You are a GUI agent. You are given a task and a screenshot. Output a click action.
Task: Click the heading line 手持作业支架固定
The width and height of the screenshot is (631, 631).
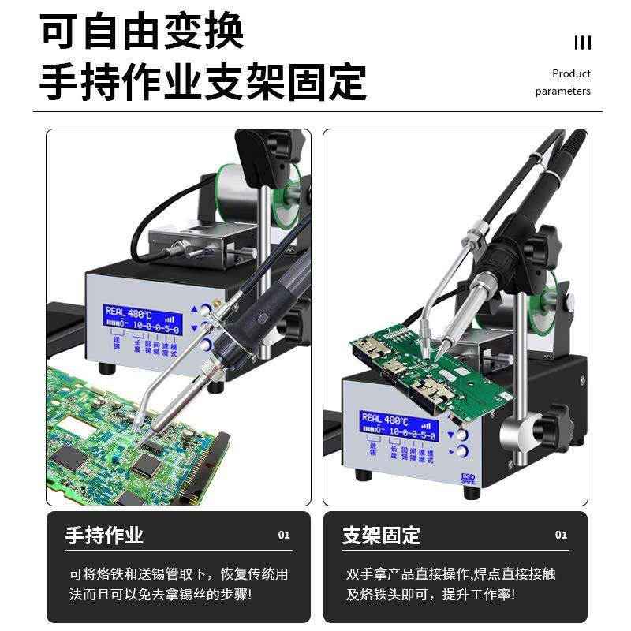coord(203,81)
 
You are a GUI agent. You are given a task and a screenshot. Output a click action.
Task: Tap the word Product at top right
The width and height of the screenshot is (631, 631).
coord(571,73)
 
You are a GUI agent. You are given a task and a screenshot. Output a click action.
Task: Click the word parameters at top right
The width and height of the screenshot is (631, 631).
coord(562,91)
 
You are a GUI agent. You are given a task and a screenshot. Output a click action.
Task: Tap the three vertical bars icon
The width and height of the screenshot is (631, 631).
coord(582,43)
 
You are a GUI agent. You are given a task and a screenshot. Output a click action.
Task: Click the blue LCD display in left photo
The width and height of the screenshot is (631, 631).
coord(143,320)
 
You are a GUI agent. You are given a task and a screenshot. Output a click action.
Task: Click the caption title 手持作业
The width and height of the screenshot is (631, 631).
coord(104,536)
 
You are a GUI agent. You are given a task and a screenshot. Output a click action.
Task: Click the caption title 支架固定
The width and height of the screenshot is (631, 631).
coord(381,536)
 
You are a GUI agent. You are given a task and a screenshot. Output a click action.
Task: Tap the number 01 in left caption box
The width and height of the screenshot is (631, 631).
coord(284,536)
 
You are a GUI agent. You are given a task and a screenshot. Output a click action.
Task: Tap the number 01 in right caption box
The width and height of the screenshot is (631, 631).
coord(561,536)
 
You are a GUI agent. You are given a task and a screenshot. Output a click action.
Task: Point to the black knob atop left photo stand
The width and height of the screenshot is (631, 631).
coord(282,145)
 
